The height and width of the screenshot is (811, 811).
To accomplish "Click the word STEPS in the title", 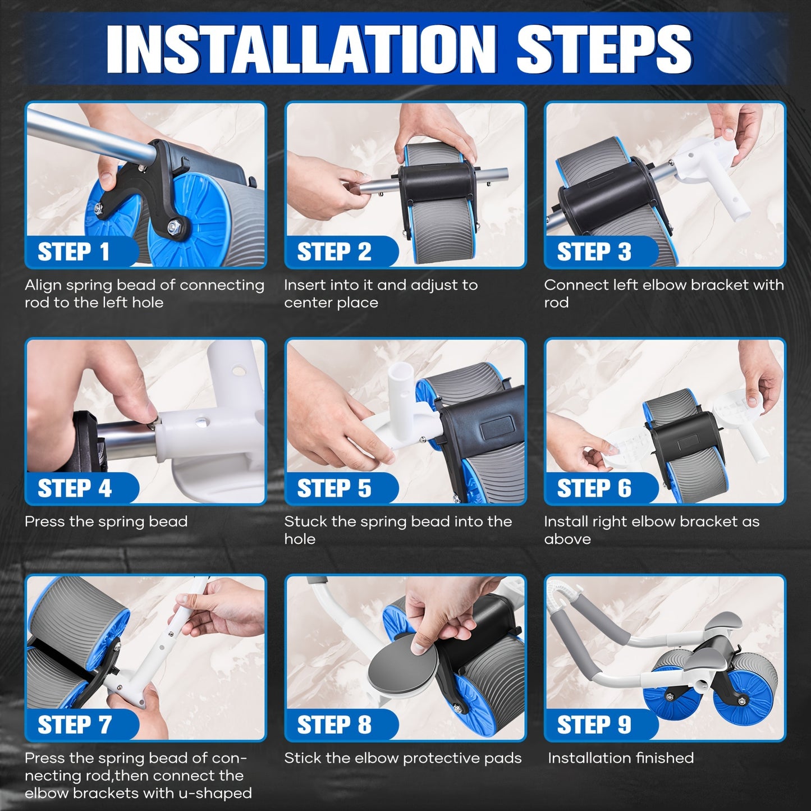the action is point(604,49).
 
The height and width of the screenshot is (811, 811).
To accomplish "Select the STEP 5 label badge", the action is point(341,488).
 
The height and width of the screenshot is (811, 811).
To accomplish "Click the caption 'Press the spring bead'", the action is point(106,522).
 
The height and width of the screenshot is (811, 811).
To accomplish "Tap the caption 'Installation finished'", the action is point(620,758).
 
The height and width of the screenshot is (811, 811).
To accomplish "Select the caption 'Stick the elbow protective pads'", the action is point(403,758).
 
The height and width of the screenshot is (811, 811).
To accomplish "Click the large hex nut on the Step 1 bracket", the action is point(173,227).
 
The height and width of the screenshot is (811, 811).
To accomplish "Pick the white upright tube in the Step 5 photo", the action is point(401,387).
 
